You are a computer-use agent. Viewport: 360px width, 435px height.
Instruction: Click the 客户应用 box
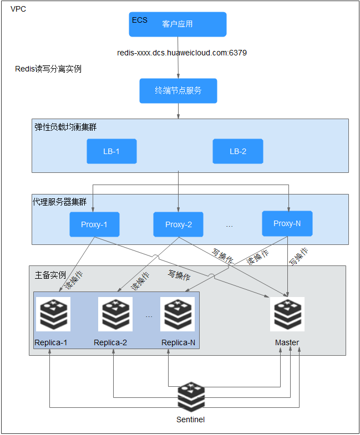178,24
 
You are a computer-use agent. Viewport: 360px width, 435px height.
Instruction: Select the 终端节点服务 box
178,91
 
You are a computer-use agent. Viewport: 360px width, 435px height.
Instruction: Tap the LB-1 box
111,151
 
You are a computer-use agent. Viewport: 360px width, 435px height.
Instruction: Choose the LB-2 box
238,151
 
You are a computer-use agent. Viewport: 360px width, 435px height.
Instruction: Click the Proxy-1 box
94,224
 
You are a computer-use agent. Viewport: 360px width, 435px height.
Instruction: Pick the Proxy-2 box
178,224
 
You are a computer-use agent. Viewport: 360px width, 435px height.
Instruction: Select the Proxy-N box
287,224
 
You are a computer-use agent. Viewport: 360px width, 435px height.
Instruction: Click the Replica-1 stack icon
53,314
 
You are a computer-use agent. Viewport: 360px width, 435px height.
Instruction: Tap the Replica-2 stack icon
115,314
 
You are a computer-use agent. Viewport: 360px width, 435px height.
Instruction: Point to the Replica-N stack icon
178,314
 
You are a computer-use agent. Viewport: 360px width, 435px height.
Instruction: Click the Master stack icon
287,314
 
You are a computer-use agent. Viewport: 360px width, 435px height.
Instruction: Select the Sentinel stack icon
191,397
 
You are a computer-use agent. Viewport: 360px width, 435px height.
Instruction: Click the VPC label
18,9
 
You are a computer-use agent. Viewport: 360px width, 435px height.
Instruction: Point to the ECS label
140,20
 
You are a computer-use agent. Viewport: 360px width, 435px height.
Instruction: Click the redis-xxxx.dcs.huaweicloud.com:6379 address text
182,53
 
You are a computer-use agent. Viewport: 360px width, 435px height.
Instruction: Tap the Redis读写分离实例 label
48,69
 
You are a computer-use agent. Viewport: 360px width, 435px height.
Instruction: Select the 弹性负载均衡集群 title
65,127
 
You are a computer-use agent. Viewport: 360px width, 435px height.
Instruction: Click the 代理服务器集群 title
60,202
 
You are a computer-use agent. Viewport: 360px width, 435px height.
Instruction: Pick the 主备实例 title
50,275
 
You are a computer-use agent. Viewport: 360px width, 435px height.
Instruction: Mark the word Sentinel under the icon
191,419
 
